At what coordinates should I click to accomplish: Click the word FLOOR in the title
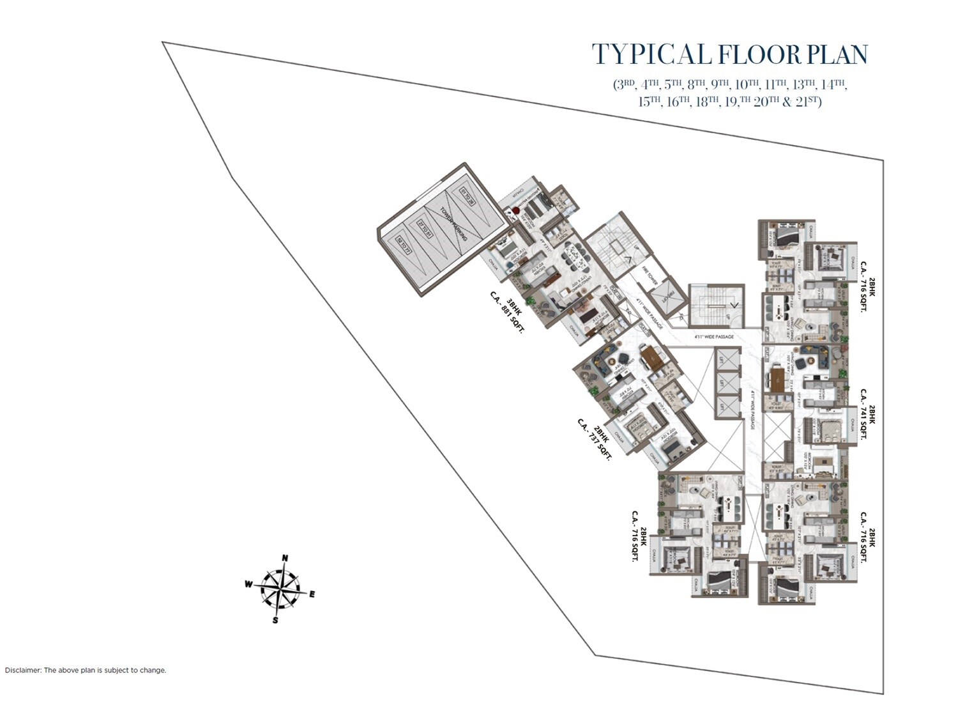click(756, 55)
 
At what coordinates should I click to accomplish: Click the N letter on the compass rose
click(285, 558)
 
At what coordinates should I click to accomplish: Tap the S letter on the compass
click(275, 620)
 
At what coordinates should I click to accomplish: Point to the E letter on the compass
click(312, 594)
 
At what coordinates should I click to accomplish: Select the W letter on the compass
click(248, 584)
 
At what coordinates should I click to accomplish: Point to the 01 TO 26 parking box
click(467, 196)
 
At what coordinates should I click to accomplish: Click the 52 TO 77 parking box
click(404, 245)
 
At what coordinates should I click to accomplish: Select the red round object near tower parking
click(515, 210)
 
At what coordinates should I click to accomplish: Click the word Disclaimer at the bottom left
click(23, 670)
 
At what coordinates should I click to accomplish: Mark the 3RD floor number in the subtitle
click(624, 84)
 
